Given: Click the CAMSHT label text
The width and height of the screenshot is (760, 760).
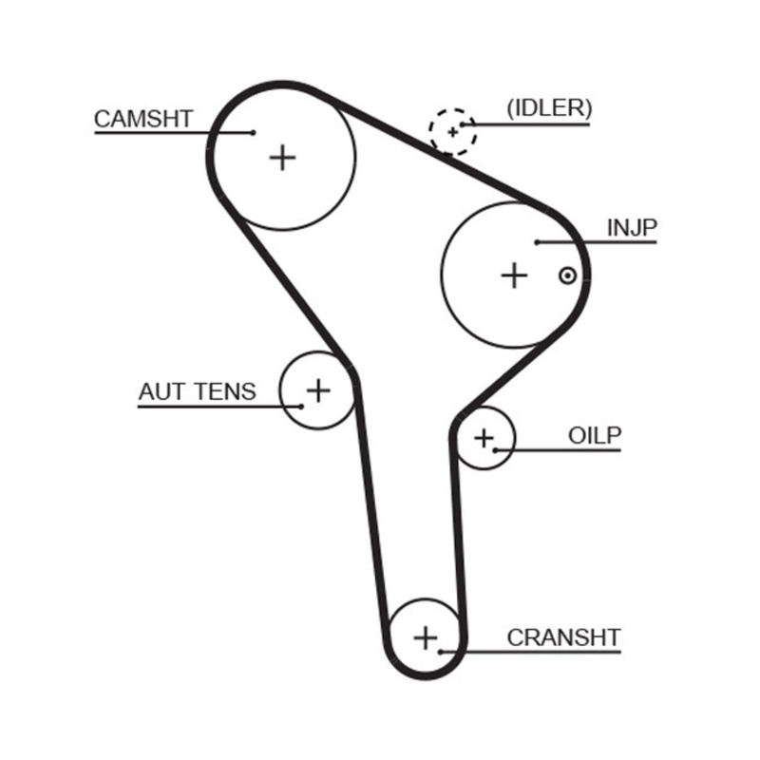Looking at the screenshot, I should pyautogui.click(x=143, y=119).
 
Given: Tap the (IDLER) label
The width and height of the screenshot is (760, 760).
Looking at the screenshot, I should pyautogui.click(x=548, y=108).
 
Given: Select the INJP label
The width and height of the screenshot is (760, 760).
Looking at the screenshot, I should pyautogui.click(x=632, y=228).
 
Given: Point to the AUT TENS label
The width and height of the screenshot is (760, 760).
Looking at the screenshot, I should pyautogui.click(x=197, y=391).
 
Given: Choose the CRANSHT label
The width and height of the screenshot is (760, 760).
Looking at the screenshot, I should pyautogui.click(x=563, y=637).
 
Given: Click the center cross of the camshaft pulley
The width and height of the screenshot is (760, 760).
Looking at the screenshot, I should pyautogui.click(x=282, y=157).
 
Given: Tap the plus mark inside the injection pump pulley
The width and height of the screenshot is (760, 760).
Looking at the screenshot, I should pyautogui.click(x=514, y=275).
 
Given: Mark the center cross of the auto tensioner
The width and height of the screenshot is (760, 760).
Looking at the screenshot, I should pyautogui.click(x=318, y=389).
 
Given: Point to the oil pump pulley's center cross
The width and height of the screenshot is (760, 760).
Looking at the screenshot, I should pyautogui.click(x=484, y=438).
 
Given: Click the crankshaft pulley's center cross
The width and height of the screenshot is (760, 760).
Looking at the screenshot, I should pyautogui.click(x=426, y=636).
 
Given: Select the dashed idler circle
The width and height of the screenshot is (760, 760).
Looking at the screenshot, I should pyautogui.click(x=452, y=130).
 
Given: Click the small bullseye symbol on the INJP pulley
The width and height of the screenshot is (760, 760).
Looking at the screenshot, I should pyautogui.click(x=567, y=275).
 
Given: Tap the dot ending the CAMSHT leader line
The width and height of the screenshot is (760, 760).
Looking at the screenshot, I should pyautogui.click(x=253, y=132).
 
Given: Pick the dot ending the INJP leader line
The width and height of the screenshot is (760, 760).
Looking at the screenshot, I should pyautogui.click(x=537, y=242).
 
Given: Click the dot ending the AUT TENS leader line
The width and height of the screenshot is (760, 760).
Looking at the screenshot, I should pyautogui.click(x=301, y=407).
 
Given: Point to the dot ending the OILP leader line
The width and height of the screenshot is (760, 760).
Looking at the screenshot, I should pyautogui.click(x=495, y=449).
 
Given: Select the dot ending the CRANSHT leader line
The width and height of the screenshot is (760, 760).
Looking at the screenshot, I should pyautogui.click(x=440, y=652).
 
